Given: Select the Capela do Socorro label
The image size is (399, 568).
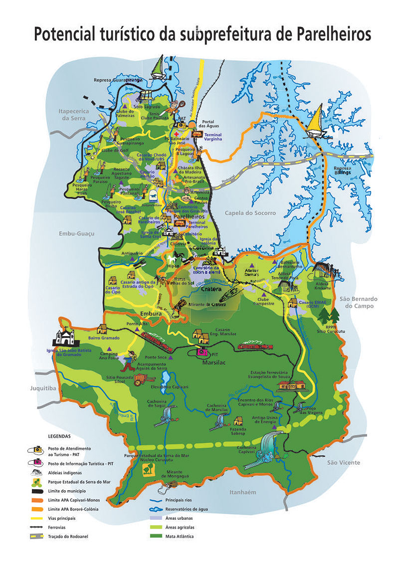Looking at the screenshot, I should [250, 213].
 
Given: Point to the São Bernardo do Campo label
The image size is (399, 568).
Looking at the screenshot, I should [359, 302].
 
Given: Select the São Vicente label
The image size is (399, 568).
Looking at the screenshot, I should [343, 462].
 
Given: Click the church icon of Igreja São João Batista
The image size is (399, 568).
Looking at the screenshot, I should [64, 339].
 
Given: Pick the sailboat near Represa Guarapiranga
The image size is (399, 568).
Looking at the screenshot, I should [158, 68].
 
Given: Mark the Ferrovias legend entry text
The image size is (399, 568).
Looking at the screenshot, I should [57, 527].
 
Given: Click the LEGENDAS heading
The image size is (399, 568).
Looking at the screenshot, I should [59, 436].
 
